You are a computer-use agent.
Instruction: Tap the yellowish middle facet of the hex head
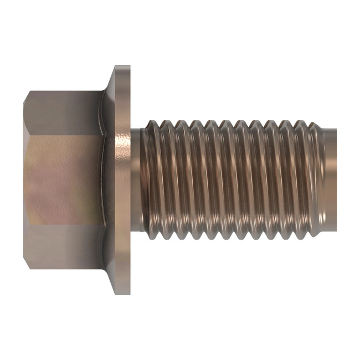[x=64, y=180]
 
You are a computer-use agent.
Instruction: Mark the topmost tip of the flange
[x=122, y=66]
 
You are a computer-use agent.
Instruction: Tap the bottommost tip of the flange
[x=122, y=294]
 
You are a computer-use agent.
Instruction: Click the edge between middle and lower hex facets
[x=64, y=224]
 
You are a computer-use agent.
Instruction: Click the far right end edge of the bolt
[x=336, y=180]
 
